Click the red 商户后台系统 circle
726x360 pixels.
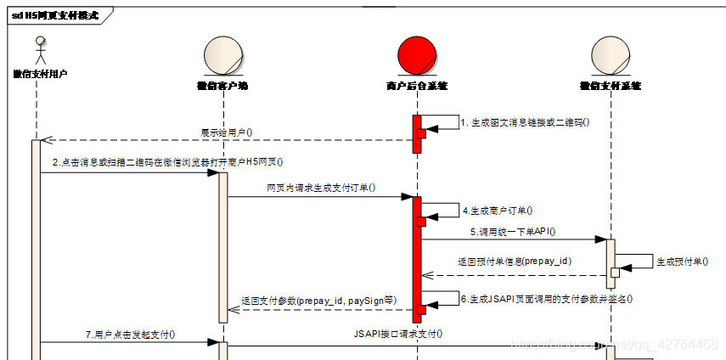point(416,56)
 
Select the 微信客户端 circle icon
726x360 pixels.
point(222,56)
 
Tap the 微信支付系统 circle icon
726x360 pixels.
point(610,56)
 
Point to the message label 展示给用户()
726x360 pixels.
point(226,132)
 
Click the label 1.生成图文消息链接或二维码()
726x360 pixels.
point(525,122)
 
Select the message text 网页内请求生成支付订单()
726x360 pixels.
point(321,188)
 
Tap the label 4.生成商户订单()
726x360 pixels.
point(498,209)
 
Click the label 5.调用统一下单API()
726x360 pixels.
point(513,231)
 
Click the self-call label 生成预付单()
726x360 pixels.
point(682,262)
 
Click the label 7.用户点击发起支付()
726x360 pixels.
point(130,335)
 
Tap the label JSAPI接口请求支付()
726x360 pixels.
point(397,334)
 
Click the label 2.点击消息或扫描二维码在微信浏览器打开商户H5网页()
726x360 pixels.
point(166,162)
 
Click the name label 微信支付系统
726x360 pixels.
point(610,86)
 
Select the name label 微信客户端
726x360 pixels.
point(222,86)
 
